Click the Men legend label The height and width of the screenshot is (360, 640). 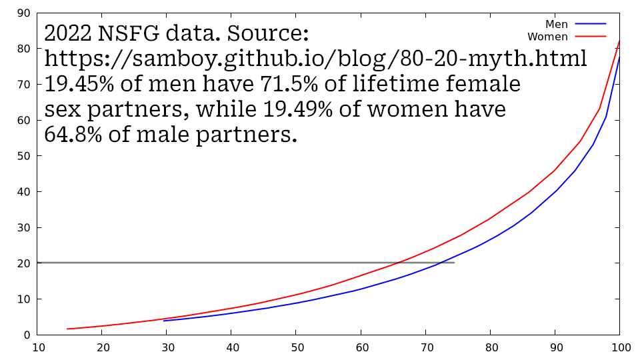click(557, 25)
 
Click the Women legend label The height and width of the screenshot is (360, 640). click(547, 37)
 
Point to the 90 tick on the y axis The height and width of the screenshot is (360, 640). click(23, 13)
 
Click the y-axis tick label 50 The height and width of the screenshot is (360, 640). click(23, 156)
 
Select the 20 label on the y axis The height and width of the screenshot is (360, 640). click(23, 263)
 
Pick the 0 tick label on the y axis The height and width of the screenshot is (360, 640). click(27, 335)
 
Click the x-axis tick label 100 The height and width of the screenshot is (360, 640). click(621, 347)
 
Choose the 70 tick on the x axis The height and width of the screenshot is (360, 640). click(425, 347)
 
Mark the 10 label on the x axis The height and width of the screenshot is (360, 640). click(39, 347)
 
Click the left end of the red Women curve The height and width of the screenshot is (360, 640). click(67, 329)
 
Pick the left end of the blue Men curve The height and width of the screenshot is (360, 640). click(164, 321)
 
